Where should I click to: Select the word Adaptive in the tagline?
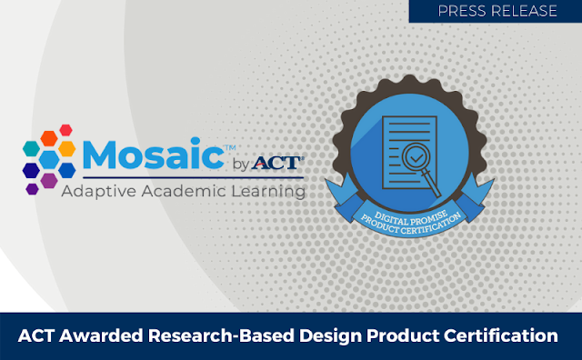(99, 192)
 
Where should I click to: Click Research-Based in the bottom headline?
(200, 336)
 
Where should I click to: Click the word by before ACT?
(239, 165)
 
